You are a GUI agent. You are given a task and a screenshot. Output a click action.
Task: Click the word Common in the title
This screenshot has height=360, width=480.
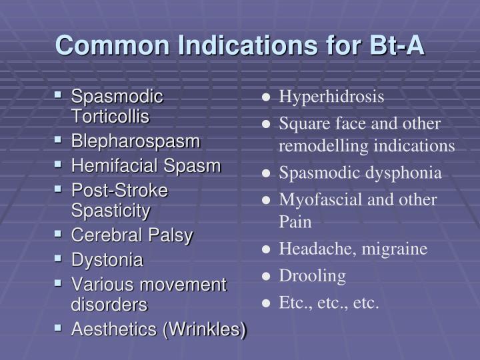click(113, 45)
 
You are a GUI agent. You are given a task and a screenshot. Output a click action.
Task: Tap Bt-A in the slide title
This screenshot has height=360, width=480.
click(397, 45)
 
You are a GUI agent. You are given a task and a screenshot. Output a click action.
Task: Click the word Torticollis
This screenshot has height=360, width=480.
click(110, 116)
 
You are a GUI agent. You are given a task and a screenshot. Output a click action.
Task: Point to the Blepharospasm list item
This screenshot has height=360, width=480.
click(135, 142)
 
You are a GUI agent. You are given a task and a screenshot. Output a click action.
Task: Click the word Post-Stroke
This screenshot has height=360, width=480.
click(120, 190)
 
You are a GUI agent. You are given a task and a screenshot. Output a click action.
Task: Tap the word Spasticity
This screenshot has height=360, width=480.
click(111, 211)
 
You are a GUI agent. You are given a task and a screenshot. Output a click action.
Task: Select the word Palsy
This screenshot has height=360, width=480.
click(171, 236)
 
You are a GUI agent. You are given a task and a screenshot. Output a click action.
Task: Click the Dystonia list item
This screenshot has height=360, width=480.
click(107, 260)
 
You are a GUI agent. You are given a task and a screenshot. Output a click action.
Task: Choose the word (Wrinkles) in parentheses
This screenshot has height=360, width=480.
click(205, 330)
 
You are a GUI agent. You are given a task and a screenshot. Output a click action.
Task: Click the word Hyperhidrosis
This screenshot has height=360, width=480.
click(331, 97)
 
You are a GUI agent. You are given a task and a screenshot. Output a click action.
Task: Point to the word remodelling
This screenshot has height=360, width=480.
click(323, 146)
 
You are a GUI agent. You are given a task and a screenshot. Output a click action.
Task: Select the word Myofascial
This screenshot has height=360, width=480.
click(321, 201)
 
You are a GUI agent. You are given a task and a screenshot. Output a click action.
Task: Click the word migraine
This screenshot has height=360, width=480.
click(394, 249)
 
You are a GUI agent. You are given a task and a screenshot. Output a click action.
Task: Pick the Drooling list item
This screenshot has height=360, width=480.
click(312, 276)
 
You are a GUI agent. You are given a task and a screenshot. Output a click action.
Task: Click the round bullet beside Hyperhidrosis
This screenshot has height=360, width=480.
click(266, 97)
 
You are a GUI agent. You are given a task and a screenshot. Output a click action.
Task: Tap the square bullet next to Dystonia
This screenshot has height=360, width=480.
click(58, 259)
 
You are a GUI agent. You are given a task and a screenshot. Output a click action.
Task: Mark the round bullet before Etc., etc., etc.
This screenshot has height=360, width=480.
click(266, 303)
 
